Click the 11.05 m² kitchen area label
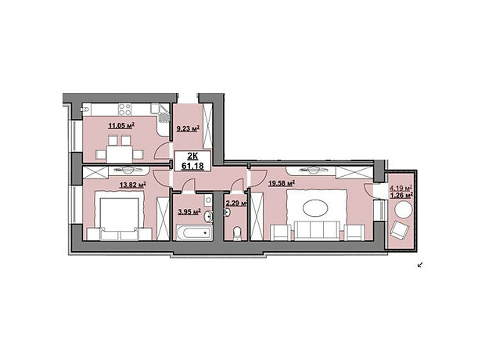(121, 125)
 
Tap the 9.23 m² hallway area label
(188, 128)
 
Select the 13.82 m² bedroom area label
(133, 185)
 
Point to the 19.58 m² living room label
(282, 184)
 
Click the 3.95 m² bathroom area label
(189, 212)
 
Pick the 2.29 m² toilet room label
(236, 203)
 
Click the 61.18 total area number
(192, 166)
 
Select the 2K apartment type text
(192, 156)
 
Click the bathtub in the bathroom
(194, 232)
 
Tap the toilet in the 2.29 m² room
(237, 234)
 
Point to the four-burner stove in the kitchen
(124, 110)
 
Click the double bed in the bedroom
(119, 215)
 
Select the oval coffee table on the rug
(315, 208)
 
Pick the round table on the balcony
(404, 211)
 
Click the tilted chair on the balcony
(400, 230)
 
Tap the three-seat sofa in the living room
(317, 231)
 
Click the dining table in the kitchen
(119, 154)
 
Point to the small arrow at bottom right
(420, 265)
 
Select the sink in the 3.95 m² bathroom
(208, 216)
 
